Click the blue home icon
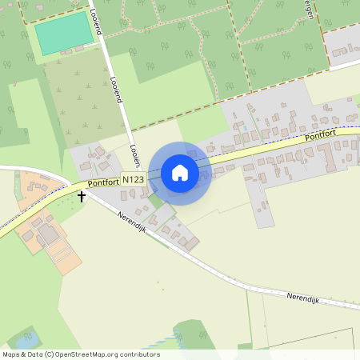[180, 173]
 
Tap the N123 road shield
[134, 180]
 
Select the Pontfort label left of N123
[103, 183]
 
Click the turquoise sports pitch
[63, 33]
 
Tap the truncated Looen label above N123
[134, 154]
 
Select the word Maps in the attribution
[12, 354]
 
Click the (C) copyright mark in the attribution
[50, 354]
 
